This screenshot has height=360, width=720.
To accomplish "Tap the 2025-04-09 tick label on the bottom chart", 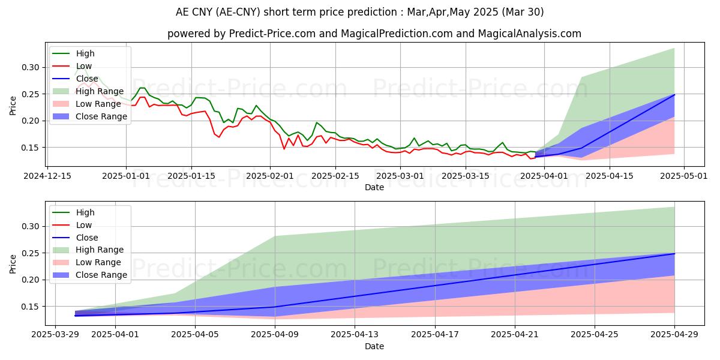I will (x=275, y=334).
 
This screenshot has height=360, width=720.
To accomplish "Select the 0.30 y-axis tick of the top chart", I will (x=32, y=68).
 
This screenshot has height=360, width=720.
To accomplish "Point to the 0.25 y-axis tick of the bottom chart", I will (x=32, y=253).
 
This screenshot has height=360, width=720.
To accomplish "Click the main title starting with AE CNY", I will (x=360, y=11).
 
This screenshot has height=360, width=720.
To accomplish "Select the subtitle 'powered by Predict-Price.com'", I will (x=374, y=34).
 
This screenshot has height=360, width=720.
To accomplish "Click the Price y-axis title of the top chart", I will (x=13, y=104).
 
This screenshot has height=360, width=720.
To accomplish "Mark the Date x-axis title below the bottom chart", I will (x=374, y=346).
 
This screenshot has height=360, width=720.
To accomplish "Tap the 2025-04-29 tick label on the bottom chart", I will (x=674, y=334).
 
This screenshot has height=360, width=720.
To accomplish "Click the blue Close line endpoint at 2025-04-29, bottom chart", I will (x=674, y=254).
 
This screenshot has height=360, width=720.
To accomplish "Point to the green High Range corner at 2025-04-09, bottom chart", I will (x=275, y=236).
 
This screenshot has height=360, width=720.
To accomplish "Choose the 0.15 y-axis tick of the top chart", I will (x=32, y=148).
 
